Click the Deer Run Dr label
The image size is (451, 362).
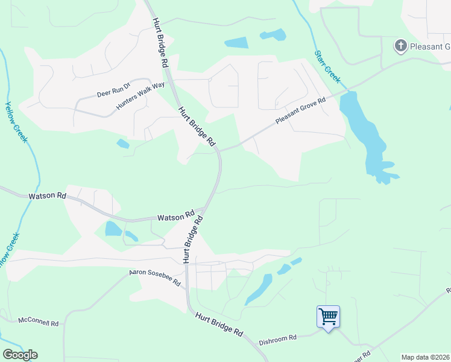[113, 91]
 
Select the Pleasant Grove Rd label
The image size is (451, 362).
[300, 112]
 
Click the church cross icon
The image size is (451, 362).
[400, 46]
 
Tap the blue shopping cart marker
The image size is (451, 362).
[328, 316]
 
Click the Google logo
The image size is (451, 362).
[20, 355]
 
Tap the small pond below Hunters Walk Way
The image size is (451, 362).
[122, 144]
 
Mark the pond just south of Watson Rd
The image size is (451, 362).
[113, 229]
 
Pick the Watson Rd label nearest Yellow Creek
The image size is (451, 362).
[47, 196]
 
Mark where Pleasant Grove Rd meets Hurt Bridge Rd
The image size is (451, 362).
[220, 151]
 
